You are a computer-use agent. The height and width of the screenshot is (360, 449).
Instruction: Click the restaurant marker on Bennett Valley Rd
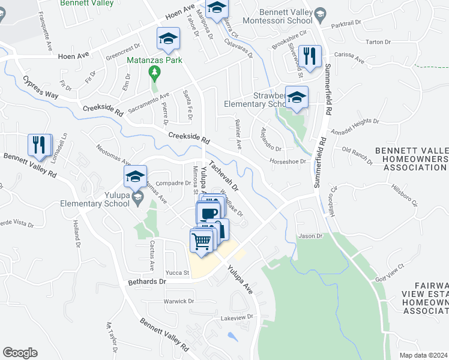click(x=40, y=146)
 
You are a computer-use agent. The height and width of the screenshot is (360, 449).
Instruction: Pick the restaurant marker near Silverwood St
click(x=310, y=58)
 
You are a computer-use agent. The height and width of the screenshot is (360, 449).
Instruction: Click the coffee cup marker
click(x=209, y=214)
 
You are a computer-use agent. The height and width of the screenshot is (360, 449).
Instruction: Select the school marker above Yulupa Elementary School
click(x=135, y=177)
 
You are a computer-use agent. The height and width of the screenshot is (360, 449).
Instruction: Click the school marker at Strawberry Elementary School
click(x=297, y=98)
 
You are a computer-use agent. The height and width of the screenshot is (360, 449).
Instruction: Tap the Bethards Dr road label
click(x=146, y=281)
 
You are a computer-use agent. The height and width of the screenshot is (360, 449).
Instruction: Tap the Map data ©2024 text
click(x=423, y=355)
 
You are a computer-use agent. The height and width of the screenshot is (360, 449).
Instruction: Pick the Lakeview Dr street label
click(x=237, y=317)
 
